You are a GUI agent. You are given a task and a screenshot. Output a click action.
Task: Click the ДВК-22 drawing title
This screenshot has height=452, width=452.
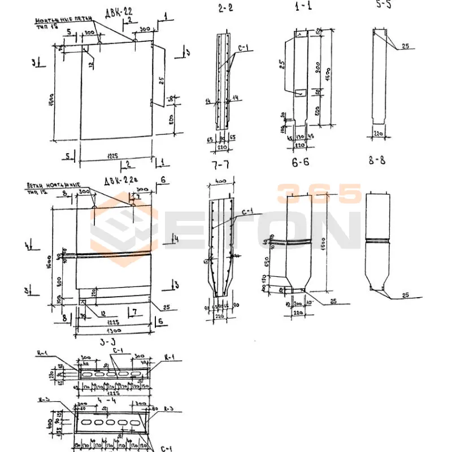[118, 12]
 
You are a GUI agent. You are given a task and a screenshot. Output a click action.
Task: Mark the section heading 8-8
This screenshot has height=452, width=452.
[377, 160]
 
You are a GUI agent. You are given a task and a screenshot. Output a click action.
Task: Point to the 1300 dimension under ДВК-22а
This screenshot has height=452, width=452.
[114, 330]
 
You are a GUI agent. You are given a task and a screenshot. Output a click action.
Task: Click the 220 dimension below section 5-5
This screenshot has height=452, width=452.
[378, 133]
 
